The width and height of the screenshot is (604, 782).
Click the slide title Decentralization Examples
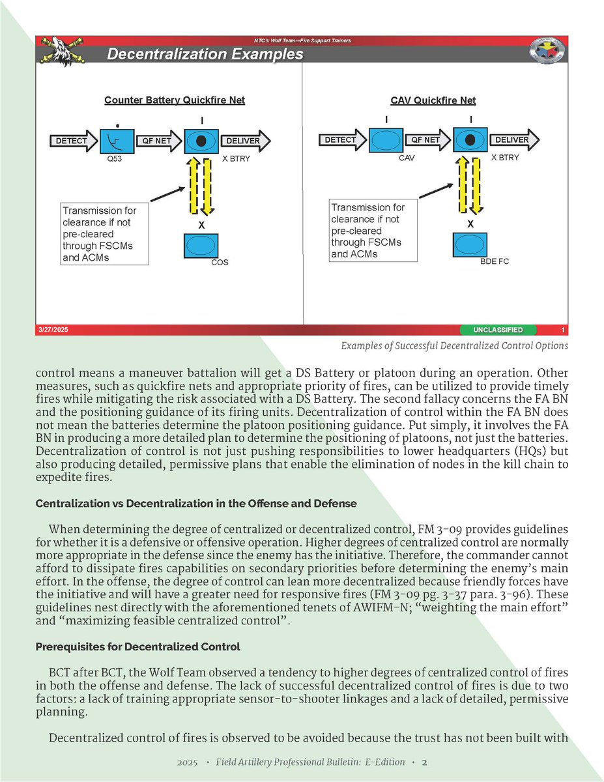[205, 55]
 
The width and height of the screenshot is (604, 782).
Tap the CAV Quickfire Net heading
[433, 100]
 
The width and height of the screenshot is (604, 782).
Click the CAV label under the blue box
[407, 158]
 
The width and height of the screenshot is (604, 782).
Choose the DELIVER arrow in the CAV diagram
[515, 140]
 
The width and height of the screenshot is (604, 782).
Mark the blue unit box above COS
[201, 246]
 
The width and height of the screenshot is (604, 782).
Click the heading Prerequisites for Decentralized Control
[139, 647]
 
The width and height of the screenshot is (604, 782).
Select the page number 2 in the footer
[424, 762]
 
